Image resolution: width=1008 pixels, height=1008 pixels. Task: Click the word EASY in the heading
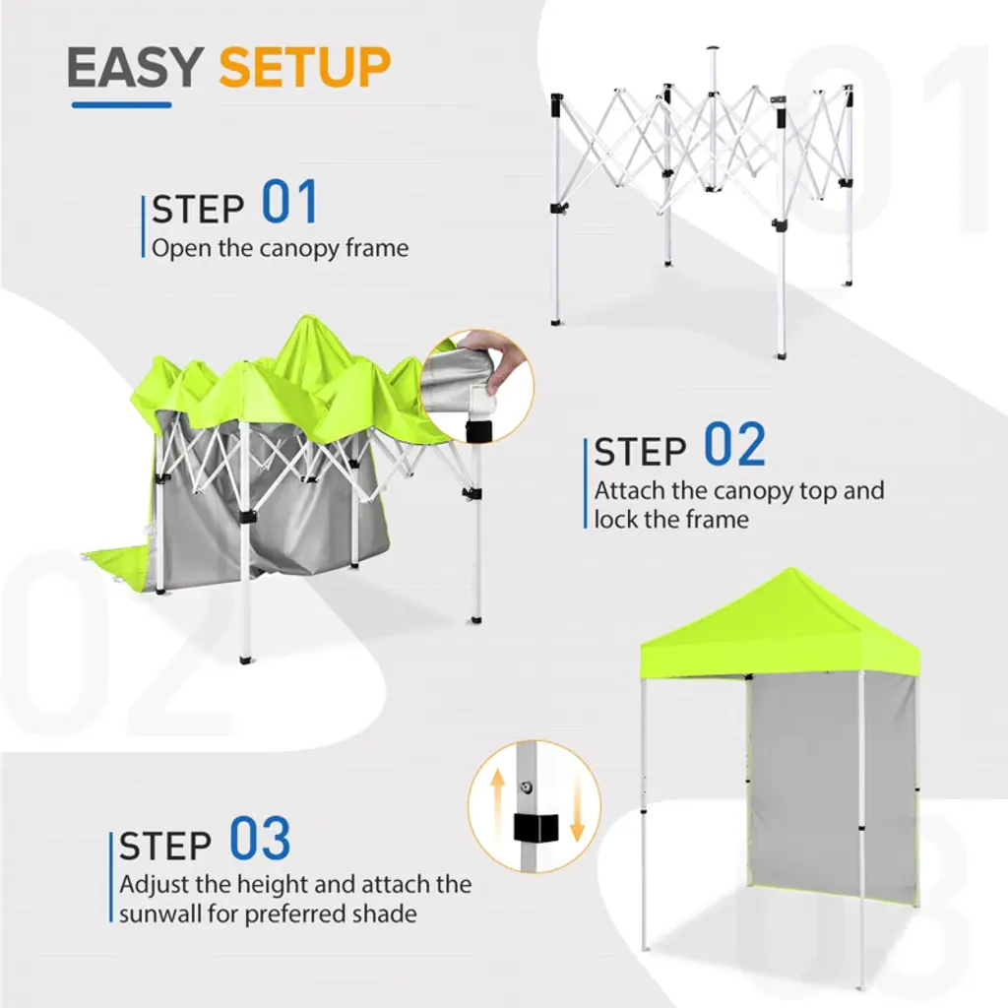pos(136,68)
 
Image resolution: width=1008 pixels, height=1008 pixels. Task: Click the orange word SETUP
pos(305,68)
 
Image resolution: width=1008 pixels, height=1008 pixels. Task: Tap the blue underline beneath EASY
pos(121,104)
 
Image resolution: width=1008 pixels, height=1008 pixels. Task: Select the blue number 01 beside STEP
pos(290,202)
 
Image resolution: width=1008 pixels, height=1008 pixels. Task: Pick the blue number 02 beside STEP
pos(734,444)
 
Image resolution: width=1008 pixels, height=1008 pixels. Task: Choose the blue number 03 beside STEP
pos(260,839)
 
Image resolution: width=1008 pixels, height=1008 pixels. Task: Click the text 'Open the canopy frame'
pos(281,248)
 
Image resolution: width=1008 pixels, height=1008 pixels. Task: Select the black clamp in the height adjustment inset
pos(536,828)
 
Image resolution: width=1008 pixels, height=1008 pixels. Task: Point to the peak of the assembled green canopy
pos(790,569)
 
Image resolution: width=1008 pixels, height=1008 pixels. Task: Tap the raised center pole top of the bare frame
pos(713,50)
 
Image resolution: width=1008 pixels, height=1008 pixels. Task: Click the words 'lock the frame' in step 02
pos(671,519)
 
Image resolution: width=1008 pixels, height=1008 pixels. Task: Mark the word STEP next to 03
pos(165,846)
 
